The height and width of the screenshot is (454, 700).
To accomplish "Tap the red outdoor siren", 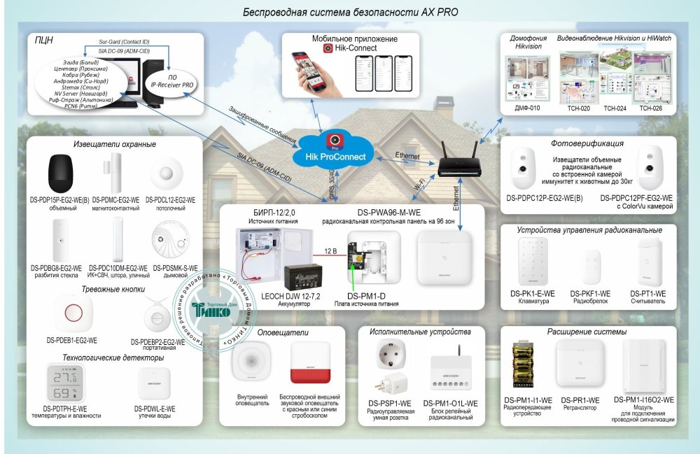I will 311,362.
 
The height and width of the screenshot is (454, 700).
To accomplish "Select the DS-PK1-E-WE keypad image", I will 529,262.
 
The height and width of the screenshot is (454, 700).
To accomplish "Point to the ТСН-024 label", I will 615,109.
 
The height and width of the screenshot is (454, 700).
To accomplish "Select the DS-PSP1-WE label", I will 390,404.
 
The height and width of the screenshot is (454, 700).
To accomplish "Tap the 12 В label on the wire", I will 332,250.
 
